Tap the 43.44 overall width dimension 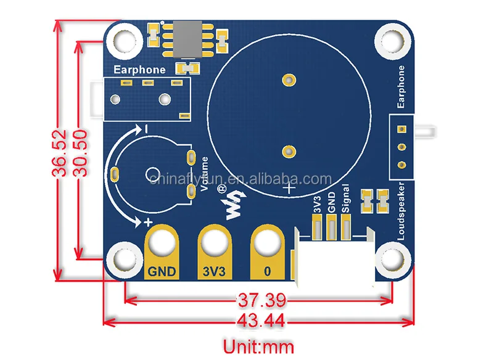pyautogui.click(x=261, y=321)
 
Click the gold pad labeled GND pyautogui.click(x=162, y=253)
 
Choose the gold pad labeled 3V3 pyautogui.click(x=215, y=253)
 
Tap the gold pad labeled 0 pyautogui.click(x=267, y=253)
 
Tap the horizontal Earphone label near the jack pyautogui.click(x=139, y=70)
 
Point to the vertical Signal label pyautogui.click(x=345, y=199)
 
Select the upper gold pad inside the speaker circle pyautogui.click(x=287, y=80)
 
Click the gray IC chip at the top pyautogui.click(x=186, y=38)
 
